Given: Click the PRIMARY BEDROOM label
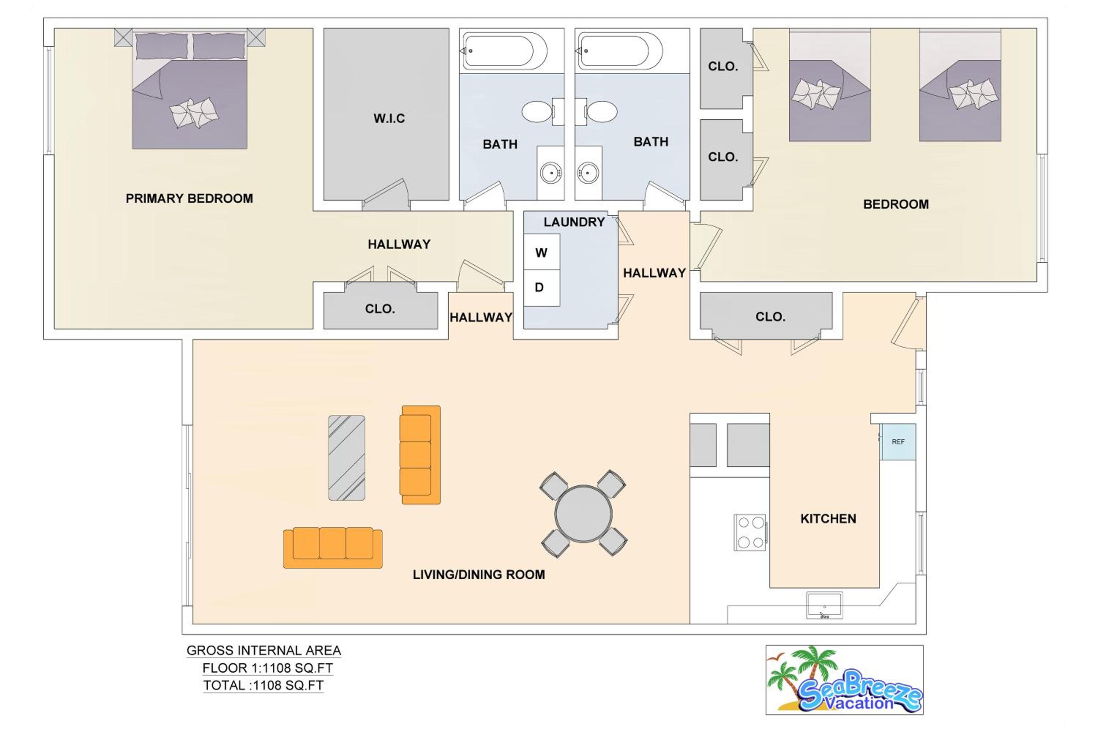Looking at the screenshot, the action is [x=189, y=198].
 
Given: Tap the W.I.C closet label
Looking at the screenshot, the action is [x=389, y=119].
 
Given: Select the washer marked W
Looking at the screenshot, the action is [x=542, y=252].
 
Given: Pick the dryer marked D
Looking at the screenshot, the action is [x=542, y=288].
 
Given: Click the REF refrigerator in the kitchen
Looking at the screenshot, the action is [x=898, y=442].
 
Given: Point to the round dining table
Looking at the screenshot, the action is [x=583, y=513].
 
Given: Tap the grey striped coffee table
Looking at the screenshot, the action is [x=346, y=457].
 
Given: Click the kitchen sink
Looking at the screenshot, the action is [x=825, y=605].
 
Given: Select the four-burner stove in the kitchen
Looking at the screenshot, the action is [x=750, y=532].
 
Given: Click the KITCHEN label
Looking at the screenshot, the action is [x=828, y=519].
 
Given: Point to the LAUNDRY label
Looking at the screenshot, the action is [x=574, y=222].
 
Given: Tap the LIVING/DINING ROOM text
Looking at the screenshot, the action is [x=478, y=575].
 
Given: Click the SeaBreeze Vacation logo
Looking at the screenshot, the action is [x=844, y=680].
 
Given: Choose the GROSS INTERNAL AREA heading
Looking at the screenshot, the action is [x=264, y=650].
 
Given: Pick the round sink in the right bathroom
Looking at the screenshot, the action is [x=588, y=173].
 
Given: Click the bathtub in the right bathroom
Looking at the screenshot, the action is [x=619, y=51].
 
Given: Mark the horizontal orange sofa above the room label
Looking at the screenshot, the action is [x=333, y=548].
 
